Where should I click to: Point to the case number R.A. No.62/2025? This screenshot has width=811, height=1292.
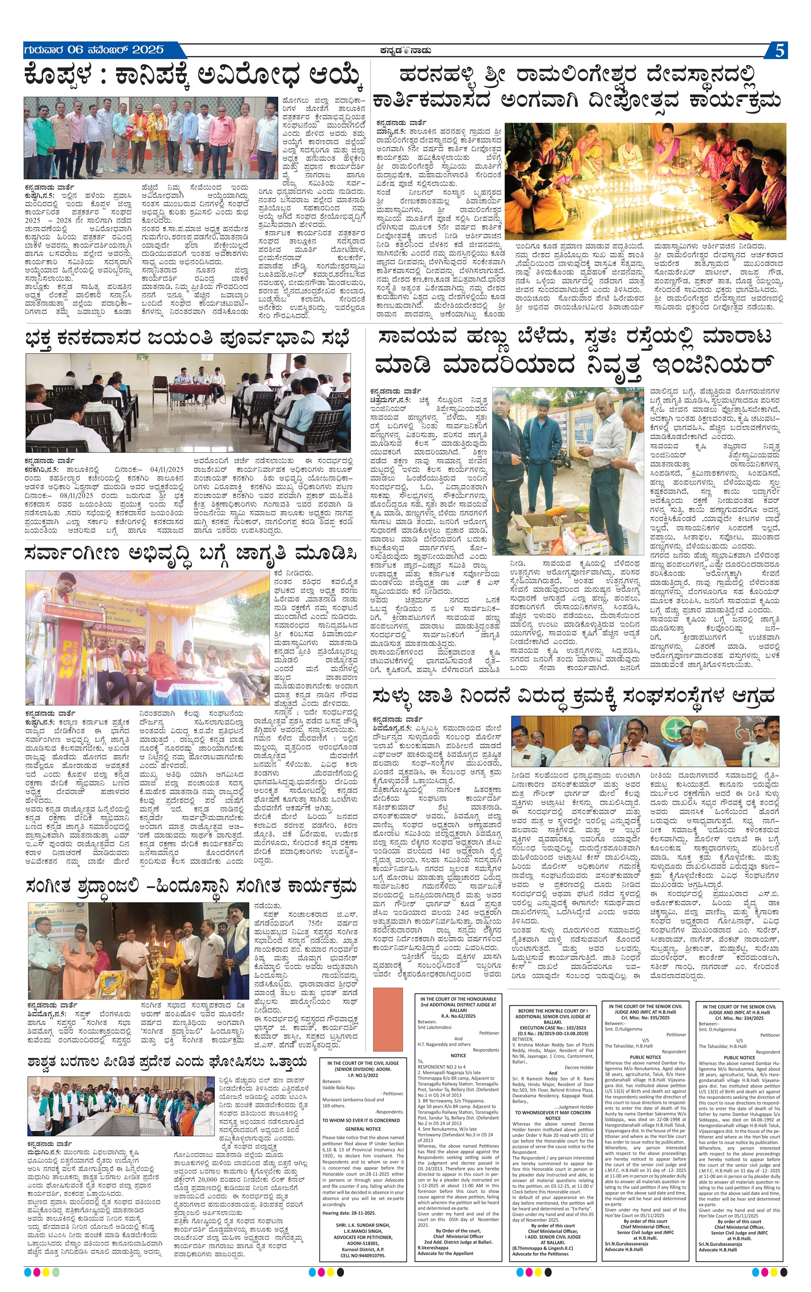[458, 1016]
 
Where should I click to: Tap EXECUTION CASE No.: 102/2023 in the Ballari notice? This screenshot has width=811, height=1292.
[553, 1028]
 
